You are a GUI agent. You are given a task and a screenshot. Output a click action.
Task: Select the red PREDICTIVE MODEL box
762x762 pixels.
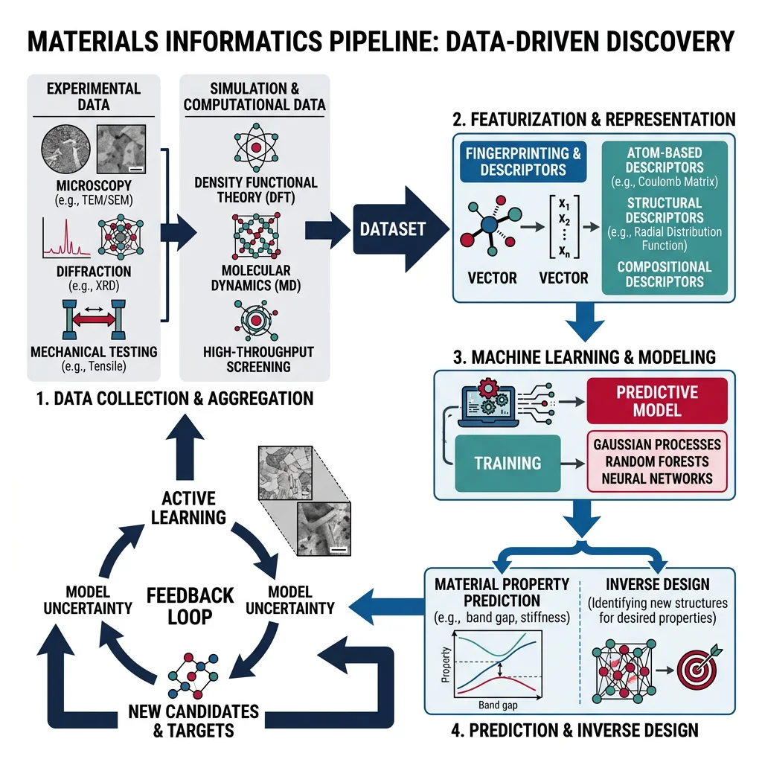coord(656,401)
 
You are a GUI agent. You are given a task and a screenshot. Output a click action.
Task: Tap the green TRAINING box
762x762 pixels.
coord(508,462)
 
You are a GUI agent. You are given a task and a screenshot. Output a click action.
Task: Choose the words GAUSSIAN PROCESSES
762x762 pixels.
coord(657,444)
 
